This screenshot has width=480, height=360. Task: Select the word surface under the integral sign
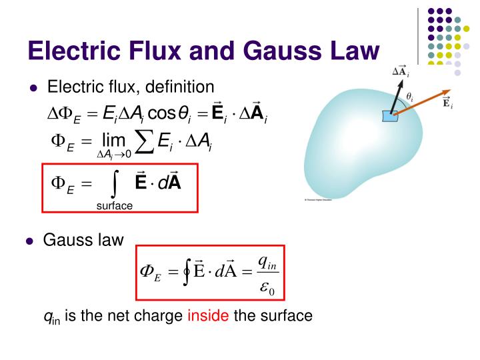[115, 206]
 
